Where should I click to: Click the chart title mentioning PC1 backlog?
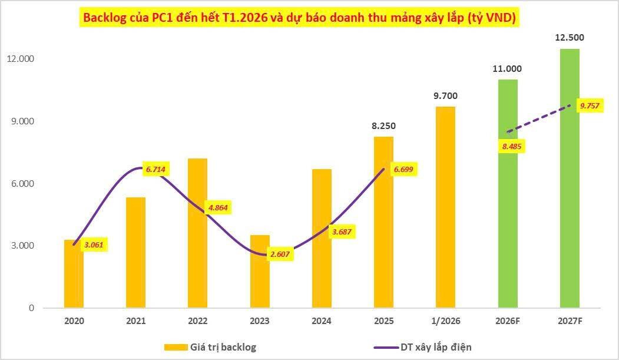[300, 18]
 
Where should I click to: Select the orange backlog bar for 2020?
[74, 274]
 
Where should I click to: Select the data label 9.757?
[590, 105]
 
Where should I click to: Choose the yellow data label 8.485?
[511, 146]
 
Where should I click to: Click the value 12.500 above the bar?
[570, 38]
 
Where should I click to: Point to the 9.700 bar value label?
[445, 95]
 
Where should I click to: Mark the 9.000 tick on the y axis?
[21, 121]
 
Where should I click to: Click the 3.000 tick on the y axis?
[21, 246]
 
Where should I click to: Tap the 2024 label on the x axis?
[322, 321]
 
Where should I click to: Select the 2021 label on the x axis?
[135, 321]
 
